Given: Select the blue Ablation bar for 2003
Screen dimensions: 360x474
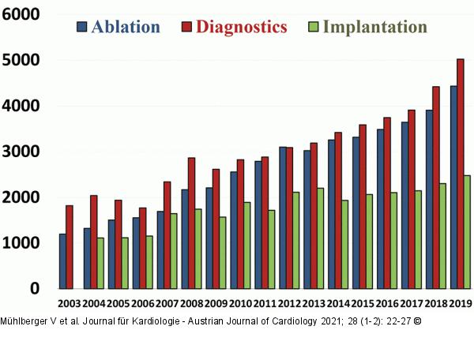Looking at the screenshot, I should pyautogui.click(x=62, y=261).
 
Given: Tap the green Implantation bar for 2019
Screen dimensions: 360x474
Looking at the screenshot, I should pyautogui.click(x=468, y=232).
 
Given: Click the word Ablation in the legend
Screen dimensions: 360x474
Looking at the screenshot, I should pyautogui.click(x=126, y=27).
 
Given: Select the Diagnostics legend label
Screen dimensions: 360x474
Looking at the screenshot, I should pyautogui.click(x=241, y=27).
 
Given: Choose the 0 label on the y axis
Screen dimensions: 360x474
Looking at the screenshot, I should pyautogui.click(x=34, y=290).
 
